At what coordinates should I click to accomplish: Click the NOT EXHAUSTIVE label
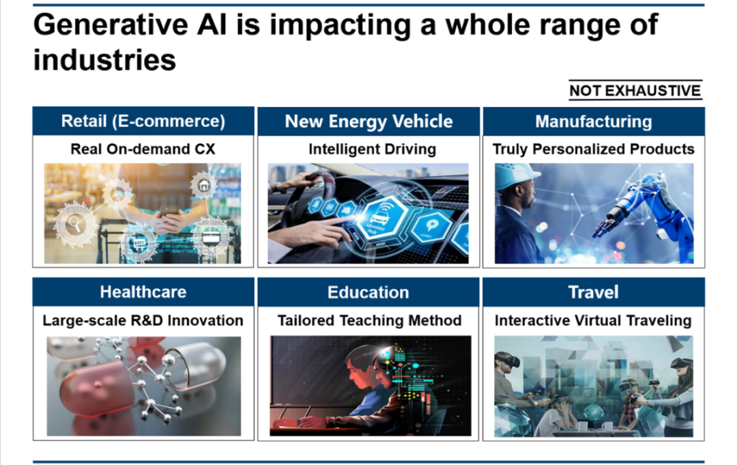[x=635, y=90]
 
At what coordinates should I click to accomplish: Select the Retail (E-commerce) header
[x=143, y=122]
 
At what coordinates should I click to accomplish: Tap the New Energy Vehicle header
[x=369, y=122]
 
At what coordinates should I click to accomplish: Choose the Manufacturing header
[x=594, y=122]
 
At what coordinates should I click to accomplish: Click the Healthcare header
[x=143, y=292]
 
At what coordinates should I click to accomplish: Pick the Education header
[x=369, y=292]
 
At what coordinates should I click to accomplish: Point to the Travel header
[x=594, y=292]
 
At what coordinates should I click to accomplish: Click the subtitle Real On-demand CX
[x=143, y=149]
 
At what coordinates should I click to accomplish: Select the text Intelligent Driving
[x=373, y=150]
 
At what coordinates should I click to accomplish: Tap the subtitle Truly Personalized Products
[x=594, y=150]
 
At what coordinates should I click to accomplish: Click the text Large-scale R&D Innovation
[x=143, y=321]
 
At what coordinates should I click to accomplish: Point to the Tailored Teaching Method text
[x=369, y=321]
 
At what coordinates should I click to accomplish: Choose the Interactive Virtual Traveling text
[x=593, y=321]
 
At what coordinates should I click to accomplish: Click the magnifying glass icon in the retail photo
[x=75, y=223]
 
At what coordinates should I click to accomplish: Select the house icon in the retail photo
[x=203, y=185]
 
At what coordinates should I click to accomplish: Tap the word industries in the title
[x=105, y=60]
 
